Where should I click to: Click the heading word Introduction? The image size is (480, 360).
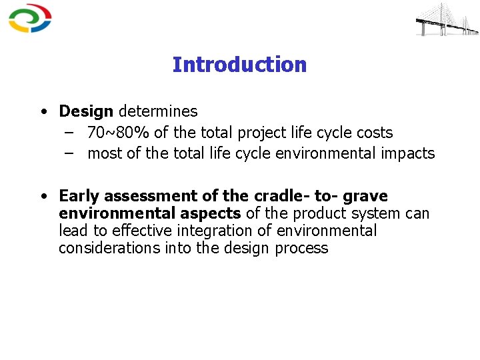click(x=239, y=65)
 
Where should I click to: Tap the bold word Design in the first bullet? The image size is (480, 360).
click(x=86, y=111)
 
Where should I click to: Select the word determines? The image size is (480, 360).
click(x=158, y=111)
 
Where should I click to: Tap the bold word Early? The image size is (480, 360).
click(x=78, y=196)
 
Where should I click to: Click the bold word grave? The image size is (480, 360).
click(x=365, y=196)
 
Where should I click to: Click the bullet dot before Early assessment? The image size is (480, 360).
click(x=42, y=197)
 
